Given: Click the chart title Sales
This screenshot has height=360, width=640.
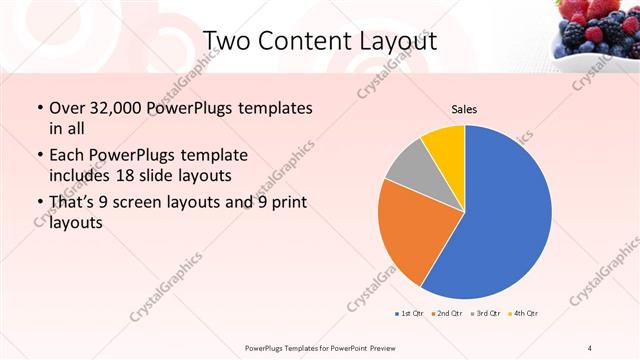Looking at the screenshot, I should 465,109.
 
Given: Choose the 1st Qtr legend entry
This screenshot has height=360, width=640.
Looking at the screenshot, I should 408,314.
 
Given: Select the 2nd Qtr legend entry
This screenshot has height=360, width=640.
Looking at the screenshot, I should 447,314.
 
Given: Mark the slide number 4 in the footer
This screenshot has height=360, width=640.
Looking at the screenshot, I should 590,347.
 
